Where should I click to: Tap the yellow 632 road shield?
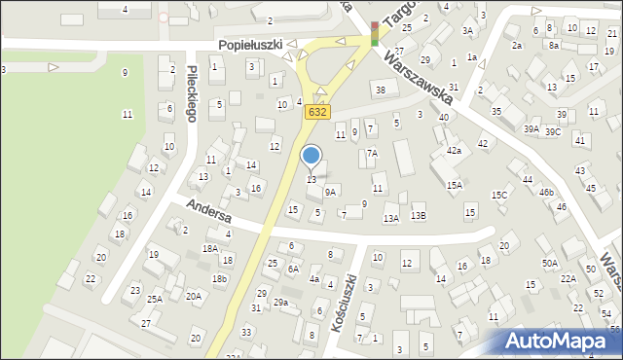pyautogui.click(x=316, y=112)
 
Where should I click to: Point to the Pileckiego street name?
pyautogui.click(x=193, y=93)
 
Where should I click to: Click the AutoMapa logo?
pyautogui.click(x=563, y=342)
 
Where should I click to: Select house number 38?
pyautogui.click(x=381, y=90)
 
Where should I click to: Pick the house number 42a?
pyautogui.click(x=454, y=151)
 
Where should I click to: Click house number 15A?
pyautogui.click(x=454, y=185)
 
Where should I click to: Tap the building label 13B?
pyautogui.click(x=418, y=215)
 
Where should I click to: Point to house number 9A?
pyautogui.click(x=331, y=192)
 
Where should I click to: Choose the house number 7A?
pyautogui.click(x=372, y=154)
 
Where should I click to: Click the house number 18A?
pyautogui.click(x=210, y=249)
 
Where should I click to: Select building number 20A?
pyautogui.click(x=194, y=296)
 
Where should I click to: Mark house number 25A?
pyautogui.click(x=155, y=299)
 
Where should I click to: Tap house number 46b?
pyautogui.click(x=546, y=193)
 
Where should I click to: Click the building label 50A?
pyautogui.click(x=551, y=263)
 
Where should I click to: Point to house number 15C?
pyautogui.click(x=499, y=196)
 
